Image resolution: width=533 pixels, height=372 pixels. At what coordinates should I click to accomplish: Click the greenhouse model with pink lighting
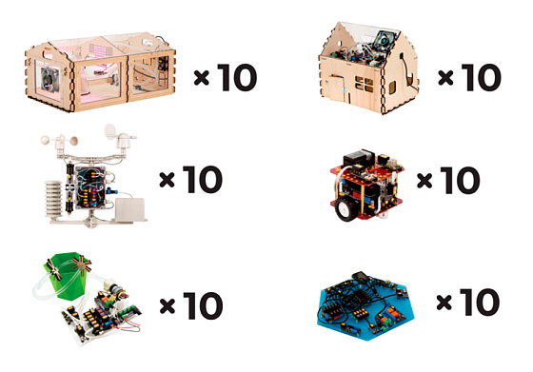pos(100,72)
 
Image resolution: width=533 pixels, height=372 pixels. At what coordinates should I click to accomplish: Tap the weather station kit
pos(91,175)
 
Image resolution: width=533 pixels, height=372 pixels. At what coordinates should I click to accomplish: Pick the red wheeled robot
pos(366,186)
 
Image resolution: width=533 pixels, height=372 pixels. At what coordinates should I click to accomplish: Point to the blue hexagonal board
pos(366,306)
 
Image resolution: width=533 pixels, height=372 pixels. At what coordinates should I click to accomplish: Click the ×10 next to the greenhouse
pos(226,78)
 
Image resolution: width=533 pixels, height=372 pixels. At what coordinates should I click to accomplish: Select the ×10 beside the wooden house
pos(470,78)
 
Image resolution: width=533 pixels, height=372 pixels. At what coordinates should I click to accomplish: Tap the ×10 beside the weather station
pos(191,180)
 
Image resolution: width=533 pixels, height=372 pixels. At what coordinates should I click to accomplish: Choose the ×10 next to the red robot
pos(448,180)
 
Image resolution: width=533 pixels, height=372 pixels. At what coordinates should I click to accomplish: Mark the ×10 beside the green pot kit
pos(191,305)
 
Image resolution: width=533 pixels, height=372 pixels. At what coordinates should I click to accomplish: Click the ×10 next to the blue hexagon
pos(468,302)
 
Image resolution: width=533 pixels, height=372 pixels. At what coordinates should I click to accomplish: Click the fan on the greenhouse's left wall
pos(49,80)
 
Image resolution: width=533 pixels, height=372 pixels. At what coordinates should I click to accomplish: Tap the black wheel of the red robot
pos(345,209)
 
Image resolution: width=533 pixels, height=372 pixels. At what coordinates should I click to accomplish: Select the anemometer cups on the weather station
pos(59,139)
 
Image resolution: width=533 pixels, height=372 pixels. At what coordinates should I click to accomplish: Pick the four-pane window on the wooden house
pos(364,84)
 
